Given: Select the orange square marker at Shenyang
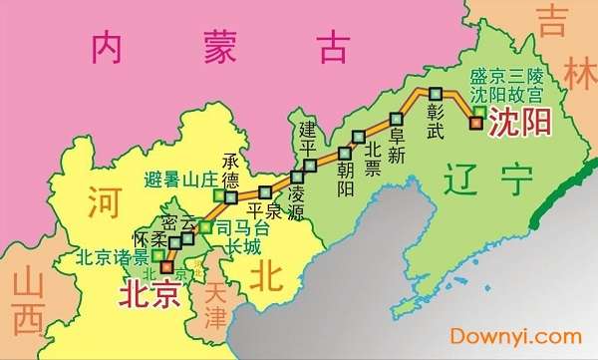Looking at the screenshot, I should [x=476, y=124].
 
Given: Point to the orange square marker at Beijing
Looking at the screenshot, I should [x=165, y=267].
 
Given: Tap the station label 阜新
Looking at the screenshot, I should [x=397, y=142].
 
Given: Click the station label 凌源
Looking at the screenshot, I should [x=297, y=205].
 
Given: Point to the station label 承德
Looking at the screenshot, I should [x=231, y=172].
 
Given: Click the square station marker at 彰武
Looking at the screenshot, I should [x=436, y=95].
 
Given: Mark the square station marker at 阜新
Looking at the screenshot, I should [x=397, y=113].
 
